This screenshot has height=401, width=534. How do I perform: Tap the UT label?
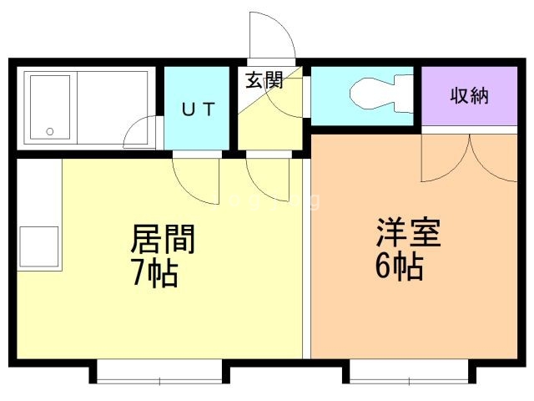[x=199, y=109]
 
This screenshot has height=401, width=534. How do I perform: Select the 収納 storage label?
[x=469, y=96]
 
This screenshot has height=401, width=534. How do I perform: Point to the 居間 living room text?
[x=163, y=239]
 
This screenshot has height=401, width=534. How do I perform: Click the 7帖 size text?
[x=154, y=272]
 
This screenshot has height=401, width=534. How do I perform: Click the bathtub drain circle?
[x=49, y=131]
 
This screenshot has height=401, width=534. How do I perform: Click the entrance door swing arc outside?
[x=272, y=38]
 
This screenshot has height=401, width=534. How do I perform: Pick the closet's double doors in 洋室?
[x=471, y=159]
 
